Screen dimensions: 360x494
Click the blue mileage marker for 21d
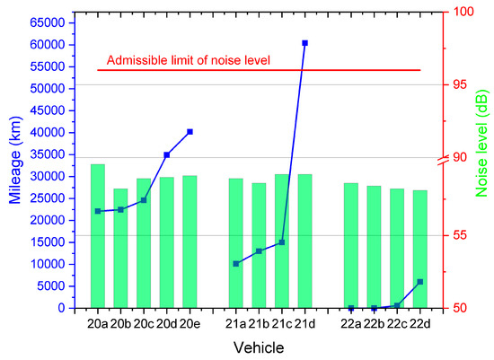[x=304, y=43]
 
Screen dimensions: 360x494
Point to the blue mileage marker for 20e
[x=190, y=132]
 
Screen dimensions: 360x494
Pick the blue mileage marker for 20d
[x=167, y=154]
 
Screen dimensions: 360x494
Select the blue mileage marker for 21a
[x=236, y=264]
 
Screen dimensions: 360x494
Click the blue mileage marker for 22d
[x=419, y=282]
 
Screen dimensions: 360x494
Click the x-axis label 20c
[x=144, y=324]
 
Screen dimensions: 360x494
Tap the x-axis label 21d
[x=304, y=324]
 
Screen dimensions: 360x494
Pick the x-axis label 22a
[x=351, y=324]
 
